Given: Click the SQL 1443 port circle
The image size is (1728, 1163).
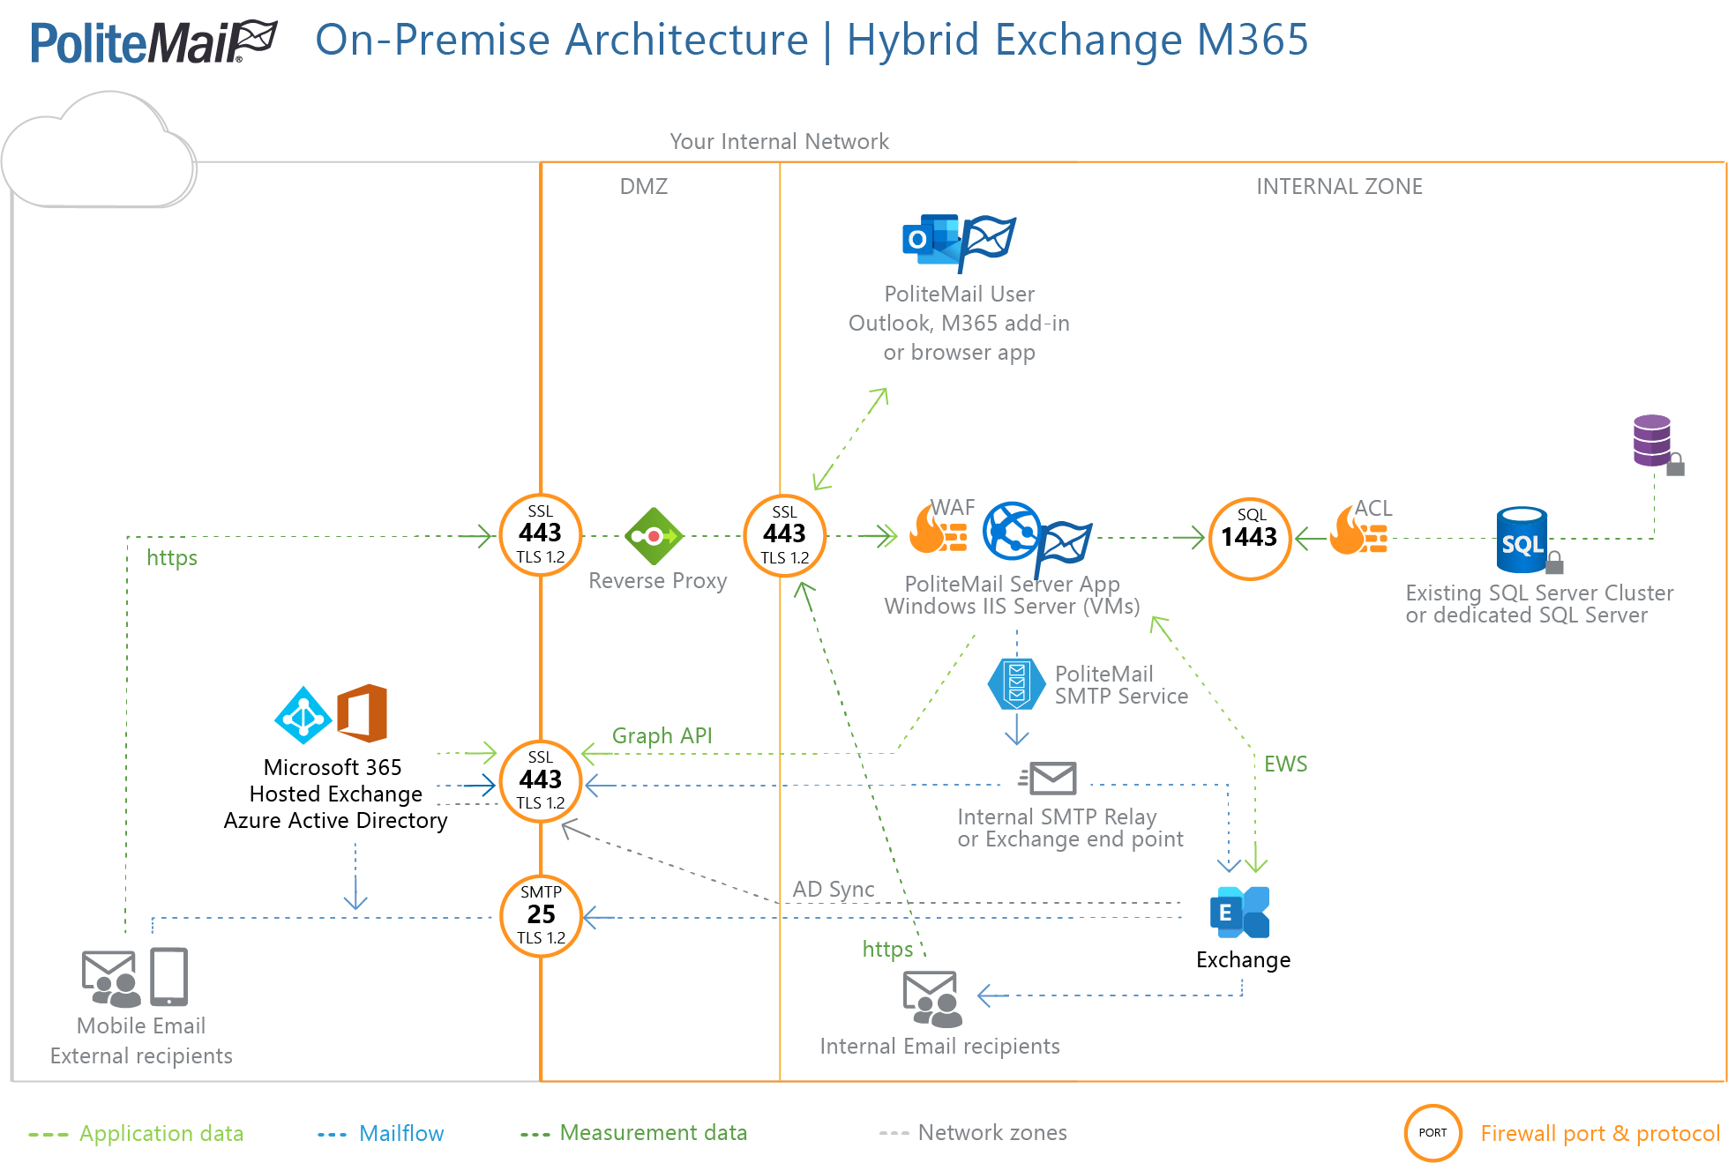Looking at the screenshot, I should pyautogui.click(x=1249, y=538).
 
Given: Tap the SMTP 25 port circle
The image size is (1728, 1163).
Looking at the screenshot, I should pyautogui.click(x=541, y=915).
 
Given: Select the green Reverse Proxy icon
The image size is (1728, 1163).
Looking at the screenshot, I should pyautogui.click(x=654, y=536).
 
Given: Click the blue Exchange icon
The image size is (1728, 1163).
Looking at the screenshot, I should pyautogui.click(x=1239, y=912).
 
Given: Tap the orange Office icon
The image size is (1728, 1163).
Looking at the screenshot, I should pyautogui.click(x=363, y=712).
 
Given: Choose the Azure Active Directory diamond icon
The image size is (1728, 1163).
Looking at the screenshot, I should pyautogui.click(x=303, y=715).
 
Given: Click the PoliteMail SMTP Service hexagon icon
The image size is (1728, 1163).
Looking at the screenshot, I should pyautogui.click(x=1016, y=684).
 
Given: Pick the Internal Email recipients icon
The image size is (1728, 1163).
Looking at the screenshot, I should pyautogui.click(x=932, y=999).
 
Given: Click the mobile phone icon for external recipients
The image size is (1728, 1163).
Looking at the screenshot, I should pyautogui.click(x=168, y=977).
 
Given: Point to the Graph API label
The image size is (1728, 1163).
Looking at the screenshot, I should pyautogui.click(x=662, y=735).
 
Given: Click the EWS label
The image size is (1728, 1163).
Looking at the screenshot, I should pyautogui.click(x=1285, y=764).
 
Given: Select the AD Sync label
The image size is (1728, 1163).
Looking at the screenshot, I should pyautogui.click(x=833, y=889).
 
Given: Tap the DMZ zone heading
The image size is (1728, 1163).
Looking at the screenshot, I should pyautogui.click(x=643, y=186).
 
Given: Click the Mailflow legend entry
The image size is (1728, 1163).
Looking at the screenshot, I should pyautogui.click(x=400, y=1133).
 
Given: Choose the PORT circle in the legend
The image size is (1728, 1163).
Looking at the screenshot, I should pyautogui.click(x=1433, y=1132).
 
